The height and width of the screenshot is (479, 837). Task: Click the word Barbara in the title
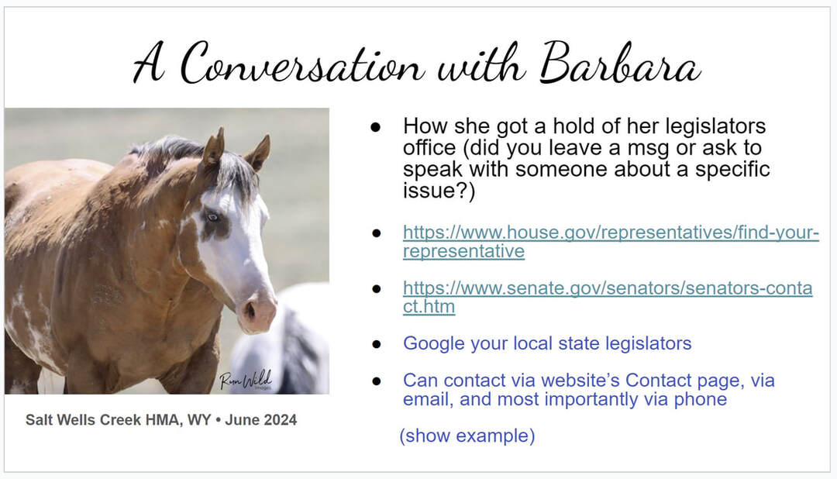[x=620, y=64]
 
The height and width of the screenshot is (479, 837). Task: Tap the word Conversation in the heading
[x=302, y=64]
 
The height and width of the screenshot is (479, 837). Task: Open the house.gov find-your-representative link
[x=611, y=241]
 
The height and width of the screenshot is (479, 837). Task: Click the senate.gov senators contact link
[x=608, y=297]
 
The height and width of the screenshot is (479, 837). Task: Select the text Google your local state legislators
[x=547, y=343]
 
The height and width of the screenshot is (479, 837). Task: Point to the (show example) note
[x=467, y=436]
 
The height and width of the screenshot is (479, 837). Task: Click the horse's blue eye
[x=212, y=217]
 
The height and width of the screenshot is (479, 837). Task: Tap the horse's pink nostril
[x=250, y=309]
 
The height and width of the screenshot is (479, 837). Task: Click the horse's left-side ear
[x=214, y=148]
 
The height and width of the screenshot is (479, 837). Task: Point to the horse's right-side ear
[x=258, y=153]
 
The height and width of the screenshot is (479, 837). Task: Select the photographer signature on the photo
[x=246, y=380]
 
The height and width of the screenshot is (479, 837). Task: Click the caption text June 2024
[x=261, y=420]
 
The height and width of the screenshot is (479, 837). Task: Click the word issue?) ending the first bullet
[x=439, y=191]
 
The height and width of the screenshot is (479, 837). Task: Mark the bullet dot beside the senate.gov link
[x=377, y=289]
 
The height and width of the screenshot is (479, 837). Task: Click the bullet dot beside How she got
[x=376, y=127]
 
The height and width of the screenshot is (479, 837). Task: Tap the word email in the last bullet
[x=428, y=399]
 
